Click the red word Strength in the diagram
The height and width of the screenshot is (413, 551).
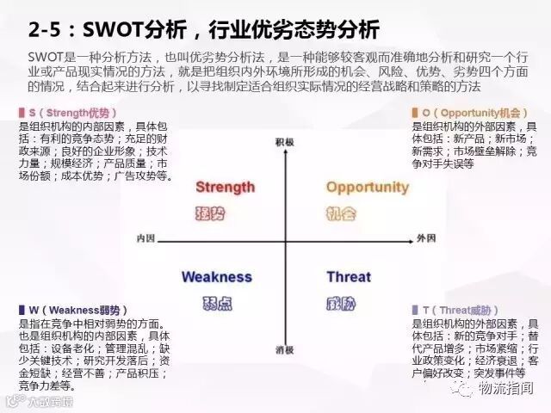225,188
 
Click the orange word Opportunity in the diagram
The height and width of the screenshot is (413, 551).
367,188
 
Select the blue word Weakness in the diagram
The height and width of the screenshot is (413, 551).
217,277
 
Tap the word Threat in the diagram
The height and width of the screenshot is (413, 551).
349,277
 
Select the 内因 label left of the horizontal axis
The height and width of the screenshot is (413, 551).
145,237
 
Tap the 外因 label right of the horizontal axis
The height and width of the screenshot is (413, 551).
427,237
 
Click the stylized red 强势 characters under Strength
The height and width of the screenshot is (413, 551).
211,213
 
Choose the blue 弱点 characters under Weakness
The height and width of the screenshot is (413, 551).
212,302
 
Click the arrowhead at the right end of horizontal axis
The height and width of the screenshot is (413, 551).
411,237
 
